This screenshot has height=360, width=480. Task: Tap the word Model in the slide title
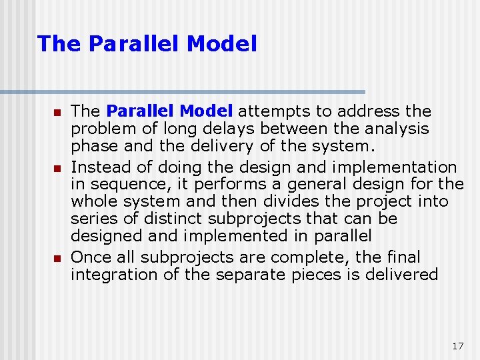[x=222, y=44]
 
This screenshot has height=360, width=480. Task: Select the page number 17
[x=457, y=346]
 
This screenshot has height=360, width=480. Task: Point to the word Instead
[x=95, y=167]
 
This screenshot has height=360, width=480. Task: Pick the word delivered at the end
[x=405, y=275]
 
